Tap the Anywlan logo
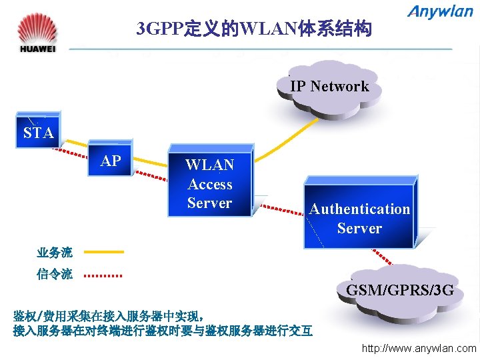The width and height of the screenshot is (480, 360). click(440, 12)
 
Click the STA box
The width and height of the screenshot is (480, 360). click(38, 133)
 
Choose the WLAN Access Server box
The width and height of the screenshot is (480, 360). click(209, 183)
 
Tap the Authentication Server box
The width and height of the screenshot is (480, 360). click(359, 218)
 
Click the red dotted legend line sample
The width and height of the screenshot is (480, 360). click(103, 274)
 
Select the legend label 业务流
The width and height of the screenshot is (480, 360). click(55, 252)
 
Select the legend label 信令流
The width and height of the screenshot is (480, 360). click(55, 274)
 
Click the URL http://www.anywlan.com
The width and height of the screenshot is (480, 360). click(419, 348)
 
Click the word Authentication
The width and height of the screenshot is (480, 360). click(359, 209)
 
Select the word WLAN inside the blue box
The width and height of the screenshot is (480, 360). click(209, 165)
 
